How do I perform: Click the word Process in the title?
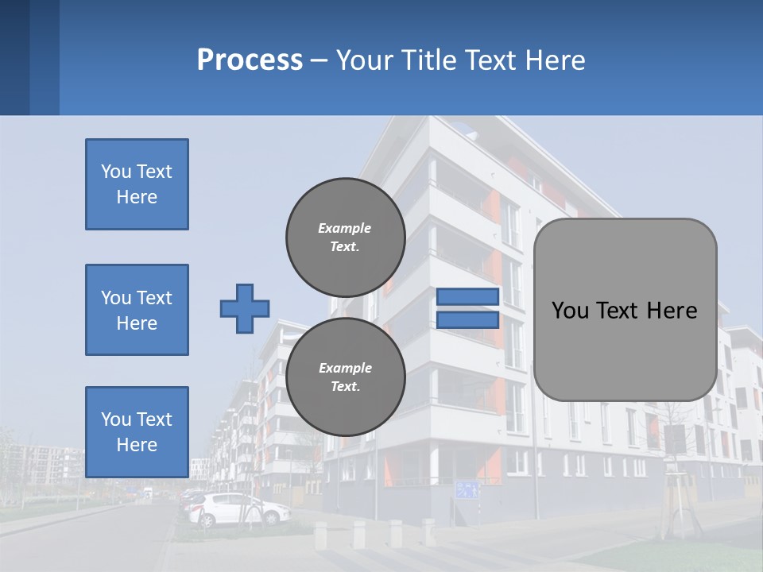pos(250,60)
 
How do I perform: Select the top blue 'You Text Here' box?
pos(137,184)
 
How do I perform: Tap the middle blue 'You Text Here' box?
pos(137,310)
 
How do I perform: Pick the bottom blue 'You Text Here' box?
pos(137,431)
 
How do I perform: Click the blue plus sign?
pos(245,308)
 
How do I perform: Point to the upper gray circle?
pos(346,237)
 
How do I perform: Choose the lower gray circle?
pos(346,377)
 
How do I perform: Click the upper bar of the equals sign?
pos(467,297)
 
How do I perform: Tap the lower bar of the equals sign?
pos(467,319)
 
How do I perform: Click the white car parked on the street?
pos(238,509)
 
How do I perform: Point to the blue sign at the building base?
pos(468,489)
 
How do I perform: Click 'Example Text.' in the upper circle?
pos(345,237)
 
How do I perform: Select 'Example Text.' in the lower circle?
pos(345,377)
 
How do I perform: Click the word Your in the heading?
pos(364,60)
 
